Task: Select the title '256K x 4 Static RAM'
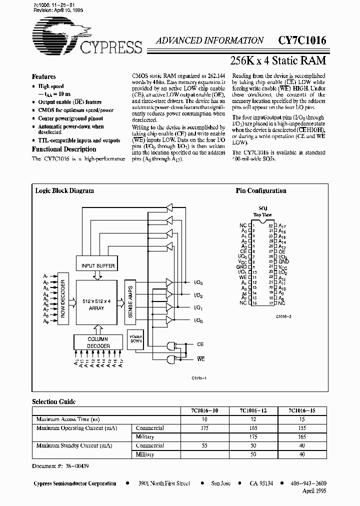pos(277,60)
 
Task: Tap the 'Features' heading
pos(44,77)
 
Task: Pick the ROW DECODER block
pos(63,298)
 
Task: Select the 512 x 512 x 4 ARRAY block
pos(96,304)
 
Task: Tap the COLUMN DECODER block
pos(98,342)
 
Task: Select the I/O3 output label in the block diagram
pos(198,283)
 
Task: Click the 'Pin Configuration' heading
pos(261,190)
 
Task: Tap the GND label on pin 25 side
pos(283,261)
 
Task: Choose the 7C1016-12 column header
pos(253,410)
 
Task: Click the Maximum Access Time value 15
pos(301,419)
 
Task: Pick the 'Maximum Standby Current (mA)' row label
pos(74,445)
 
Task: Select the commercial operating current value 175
pos(204,428)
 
